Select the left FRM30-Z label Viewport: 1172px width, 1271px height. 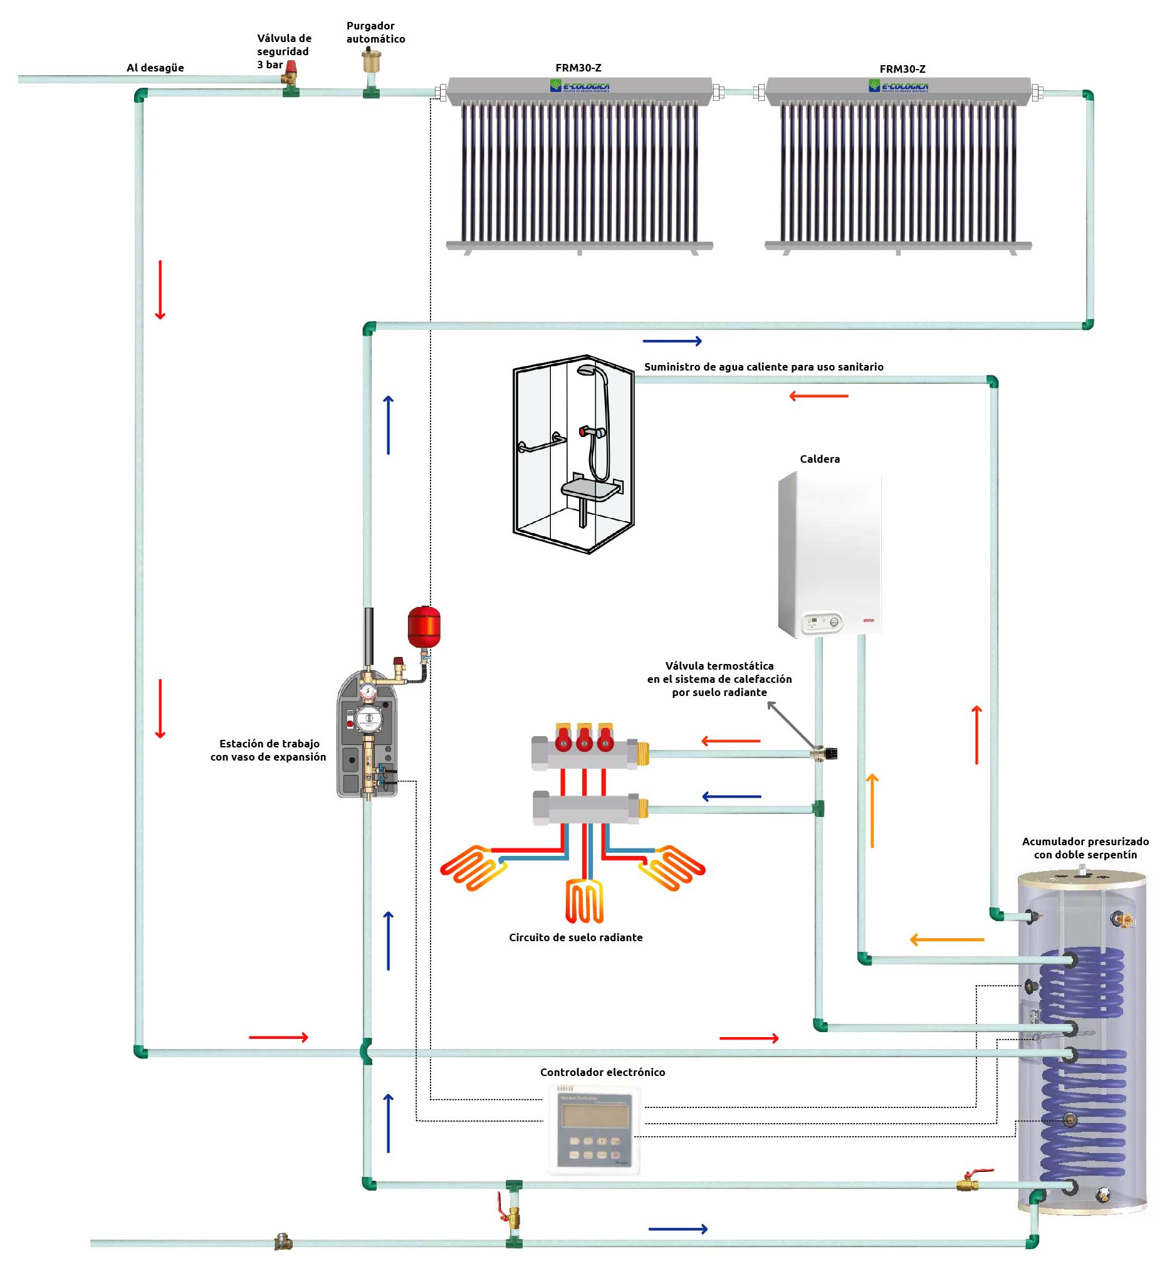[578, 68]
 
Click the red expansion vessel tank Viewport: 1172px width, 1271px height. [424, 627]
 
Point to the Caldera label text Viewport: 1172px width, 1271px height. [819, 459]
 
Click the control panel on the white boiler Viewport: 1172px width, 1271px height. [823, 622]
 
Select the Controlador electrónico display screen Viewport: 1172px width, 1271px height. [594, 1115]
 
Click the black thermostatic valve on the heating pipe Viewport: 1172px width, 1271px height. [828, 754]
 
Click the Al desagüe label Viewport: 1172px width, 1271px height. [155, 68]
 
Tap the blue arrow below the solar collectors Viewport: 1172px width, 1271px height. [672, 341]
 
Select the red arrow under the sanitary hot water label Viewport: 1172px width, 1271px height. [818, 396]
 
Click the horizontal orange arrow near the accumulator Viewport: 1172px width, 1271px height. [946, 940]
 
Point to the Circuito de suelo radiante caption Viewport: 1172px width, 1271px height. [575, 937]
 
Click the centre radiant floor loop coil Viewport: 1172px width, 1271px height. [584, 901]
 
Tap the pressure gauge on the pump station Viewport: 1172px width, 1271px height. [368, 690]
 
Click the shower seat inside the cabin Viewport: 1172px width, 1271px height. [589, 488]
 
